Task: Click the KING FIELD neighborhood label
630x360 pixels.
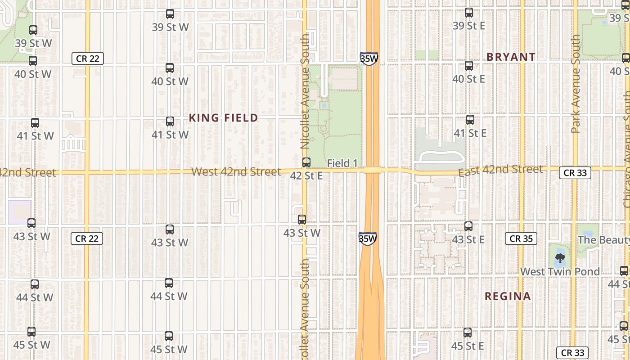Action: coord(223,118)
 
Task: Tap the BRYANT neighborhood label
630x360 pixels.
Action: coord(511,57)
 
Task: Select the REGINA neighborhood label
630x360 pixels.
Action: coord(508,296)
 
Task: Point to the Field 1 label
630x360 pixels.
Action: coord(342,163)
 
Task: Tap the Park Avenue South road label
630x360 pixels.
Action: coord(575,84)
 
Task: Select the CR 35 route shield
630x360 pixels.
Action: coord(521,238)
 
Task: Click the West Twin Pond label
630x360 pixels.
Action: coord(560,271)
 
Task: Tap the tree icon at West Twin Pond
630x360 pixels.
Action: coord(560,258)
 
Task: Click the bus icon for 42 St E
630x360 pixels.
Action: coord(306,162)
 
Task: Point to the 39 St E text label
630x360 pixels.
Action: coord(468,26)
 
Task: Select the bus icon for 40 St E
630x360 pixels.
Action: coord(469,66)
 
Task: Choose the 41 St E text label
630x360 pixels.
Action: coord(470,133)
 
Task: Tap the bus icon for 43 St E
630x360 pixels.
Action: coord(468,226)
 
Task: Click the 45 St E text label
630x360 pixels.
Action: coord(468,346)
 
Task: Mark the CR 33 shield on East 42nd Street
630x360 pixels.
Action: coord(575,173)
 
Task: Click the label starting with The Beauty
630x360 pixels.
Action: coord(603,239)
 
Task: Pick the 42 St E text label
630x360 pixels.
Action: coord(306,175)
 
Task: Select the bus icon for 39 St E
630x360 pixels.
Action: coord(469,13)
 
